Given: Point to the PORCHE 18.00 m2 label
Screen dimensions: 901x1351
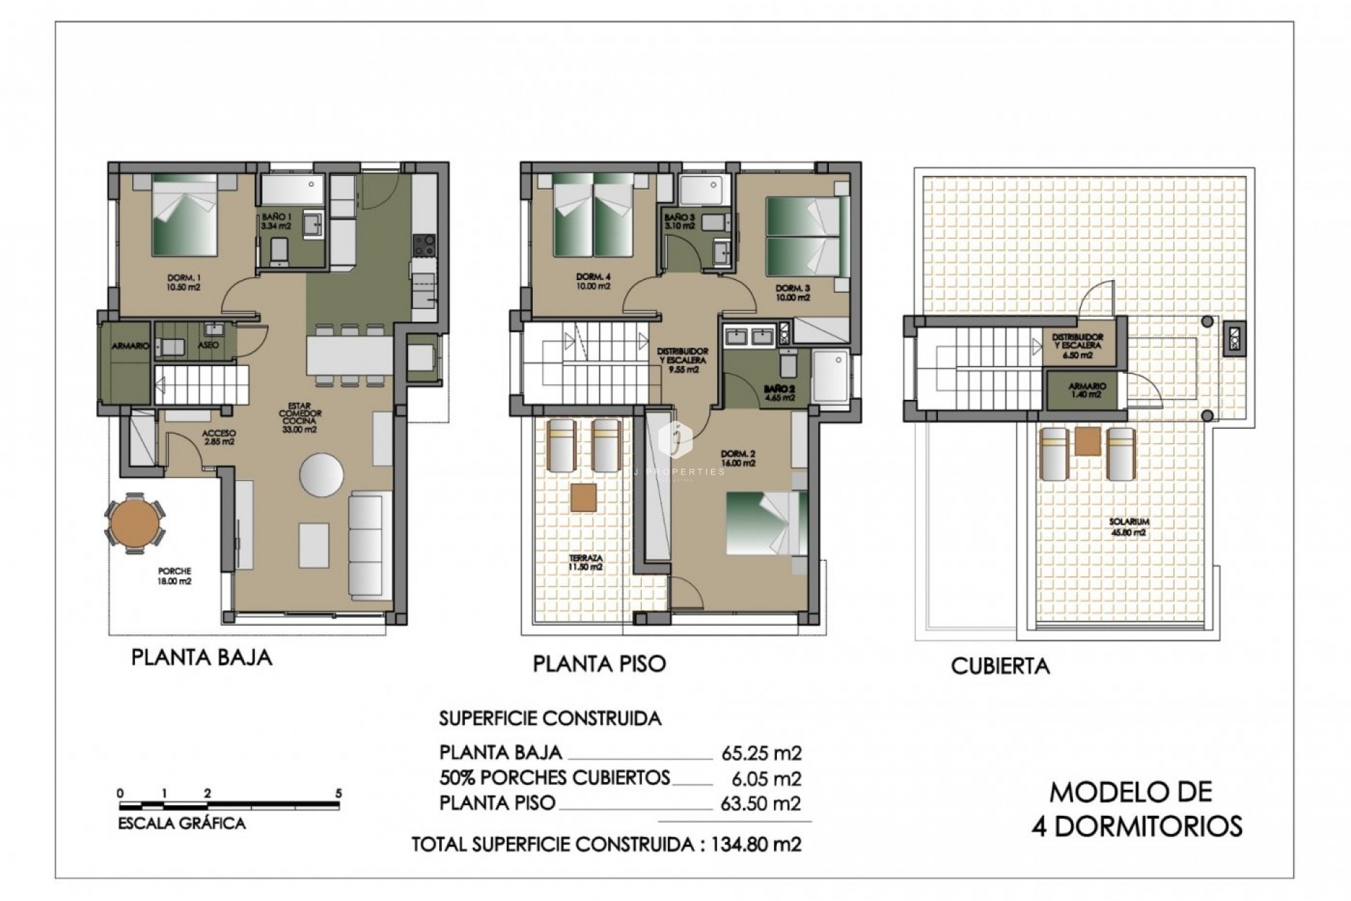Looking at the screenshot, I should tap(175, 576).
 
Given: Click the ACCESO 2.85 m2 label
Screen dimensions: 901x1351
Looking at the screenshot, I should tap(218, 437).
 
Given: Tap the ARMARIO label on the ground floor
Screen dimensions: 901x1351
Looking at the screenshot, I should tap(130, 346).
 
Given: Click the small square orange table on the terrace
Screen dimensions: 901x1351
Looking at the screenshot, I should tap(583, 497).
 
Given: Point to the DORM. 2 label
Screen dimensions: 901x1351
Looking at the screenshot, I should tap(738, 458).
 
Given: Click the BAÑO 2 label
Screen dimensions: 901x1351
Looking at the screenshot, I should tap(778, 392).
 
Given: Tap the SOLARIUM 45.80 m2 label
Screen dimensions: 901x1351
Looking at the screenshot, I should tap(1129, 527).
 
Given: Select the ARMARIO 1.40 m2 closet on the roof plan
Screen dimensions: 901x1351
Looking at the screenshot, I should tap(1087, 390).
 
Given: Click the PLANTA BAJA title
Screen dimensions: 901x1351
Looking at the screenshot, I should tap(201, 657).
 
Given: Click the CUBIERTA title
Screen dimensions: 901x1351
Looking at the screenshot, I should tap(1000, 666).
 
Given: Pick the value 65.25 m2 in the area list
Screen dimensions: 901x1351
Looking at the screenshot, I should tap(761, 753).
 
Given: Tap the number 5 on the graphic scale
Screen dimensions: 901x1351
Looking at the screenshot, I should tap(338, 793).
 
